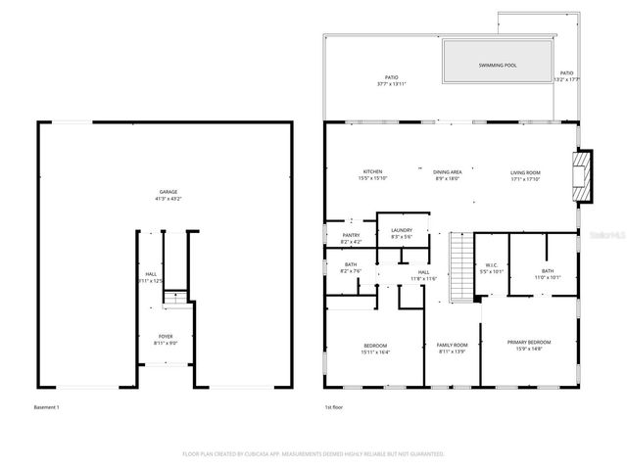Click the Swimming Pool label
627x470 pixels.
498,66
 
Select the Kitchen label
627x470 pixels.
372,172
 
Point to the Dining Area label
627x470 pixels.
448,172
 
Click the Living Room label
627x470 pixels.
525,172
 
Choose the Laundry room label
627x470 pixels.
402,231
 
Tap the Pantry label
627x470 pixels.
351,235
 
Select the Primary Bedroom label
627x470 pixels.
528,342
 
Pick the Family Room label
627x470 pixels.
452,345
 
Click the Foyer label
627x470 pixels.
166,336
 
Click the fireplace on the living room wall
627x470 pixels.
583,174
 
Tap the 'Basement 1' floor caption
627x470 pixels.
47,406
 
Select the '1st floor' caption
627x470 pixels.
334,406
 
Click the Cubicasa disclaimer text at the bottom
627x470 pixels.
313,454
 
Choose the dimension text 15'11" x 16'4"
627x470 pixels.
375,352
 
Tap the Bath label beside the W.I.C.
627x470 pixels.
547,270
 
